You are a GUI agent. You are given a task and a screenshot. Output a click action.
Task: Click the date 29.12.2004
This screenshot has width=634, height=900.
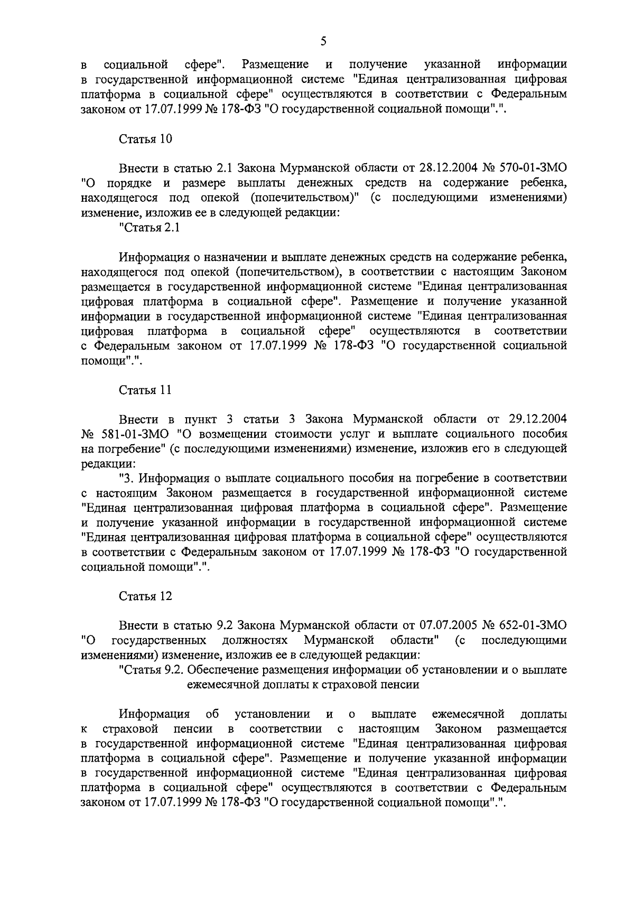pyautogui.click(x=538, y=419)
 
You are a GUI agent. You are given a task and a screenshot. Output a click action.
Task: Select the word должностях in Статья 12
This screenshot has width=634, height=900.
pyautogui.click(x=255, y=640)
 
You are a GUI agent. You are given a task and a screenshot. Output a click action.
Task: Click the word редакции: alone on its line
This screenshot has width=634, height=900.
pyautogui.click(x=108, y=464)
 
